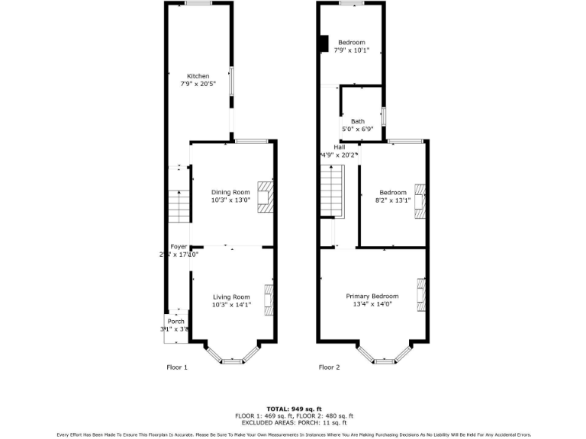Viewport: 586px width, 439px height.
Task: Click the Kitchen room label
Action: [198, 76]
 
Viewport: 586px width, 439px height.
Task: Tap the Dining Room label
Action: [230, 192]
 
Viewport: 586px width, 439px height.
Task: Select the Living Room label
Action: [231, 297]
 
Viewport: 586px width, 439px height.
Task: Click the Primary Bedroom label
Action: [372, 296]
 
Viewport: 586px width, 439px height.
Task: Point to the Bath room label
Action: [357, 121]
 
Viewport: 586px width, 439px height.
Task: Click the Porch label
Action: [176, 322]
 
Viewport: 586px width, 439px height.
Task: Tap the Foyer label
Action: [179, 247]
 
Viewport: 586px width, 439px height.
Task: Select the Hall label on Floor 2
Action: [339, 147]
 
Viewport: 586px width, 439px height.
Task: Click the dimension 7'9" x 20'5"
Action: [198, 84]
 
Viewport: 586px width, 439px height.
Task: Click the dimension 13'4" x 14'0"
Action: [372, 304]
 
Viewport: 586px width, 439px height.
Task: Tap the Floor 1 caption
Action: [177, 367]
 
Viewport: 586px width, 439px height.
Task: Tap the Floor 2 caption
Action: [329, 367]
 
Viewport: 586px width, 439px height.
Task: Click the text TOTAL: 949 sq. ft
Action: [293, 409]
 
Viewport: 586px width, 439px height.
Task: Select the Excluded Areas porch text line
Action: [293, 422]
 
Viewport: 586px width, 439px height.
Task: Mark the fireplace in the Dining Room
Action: [265, 197]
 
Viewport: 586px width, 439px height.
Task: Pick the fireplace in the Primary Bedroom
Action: [420, 296]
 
